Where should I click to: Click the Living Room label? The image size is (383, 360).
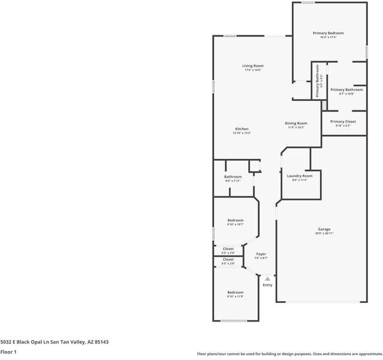pos(252,65)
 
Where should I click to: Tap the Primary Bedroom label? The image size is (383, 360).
pos(328,33)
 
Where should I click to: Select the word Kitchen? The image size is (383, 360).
pos(242,129)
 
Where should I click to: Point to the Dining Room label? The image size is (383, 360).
pos(296,123)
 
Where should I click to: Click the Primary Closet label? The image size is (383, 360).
pos(342,121)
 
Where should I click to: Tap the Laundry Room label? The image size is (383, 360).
pos(299,176)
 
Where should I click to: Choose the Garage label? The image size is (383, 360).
pos(324,229)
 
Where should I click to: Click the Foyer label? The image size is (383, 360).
pos(261,254)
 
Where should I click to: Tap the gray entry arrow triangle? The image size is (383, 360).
pos(267,278)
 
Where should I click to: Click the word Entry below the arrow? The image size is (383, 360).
pos(267,284)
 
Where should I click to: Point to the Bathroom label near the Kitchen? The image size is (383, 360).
pos(233,176)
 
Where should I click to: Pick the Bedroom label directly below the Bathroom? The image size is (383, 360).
pos(235,220)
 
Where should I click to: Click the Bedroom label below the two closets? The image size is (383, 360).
pos(235,292)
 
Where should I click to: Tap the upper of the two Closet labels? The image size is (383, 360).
pos(228,248)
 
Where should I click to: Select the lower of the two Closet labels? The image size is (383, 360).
pos(228,259)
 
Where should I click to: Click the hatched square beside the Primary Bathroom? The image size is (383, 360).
pos(324,106)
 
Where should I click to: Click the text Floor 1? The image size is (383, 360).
pos(8,353)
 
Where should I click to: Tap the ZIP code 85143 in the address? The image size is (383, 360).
pos(101,341)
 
